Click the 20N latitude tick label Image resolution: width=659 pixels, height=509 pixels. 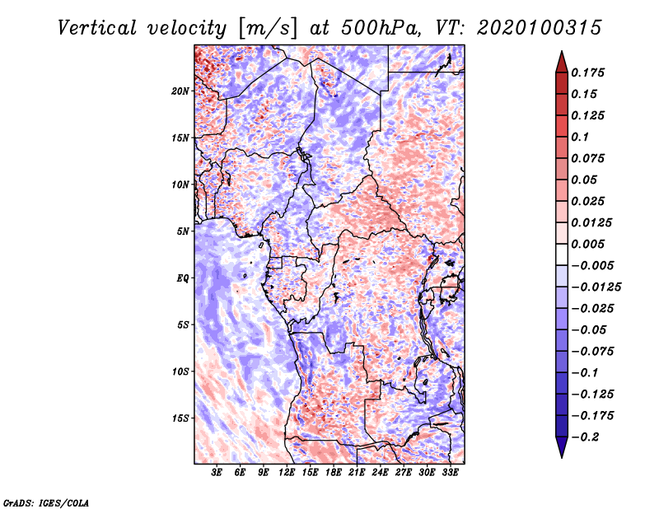(x=180, y=91)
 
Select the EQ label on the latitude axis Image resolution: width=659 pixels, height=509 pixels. (x=183, y=278)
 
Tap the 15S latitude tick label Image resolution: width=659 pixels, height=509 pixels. (x=180, y=418)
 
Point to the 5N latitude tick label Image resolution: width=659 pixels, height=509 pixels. (x=183, y=231)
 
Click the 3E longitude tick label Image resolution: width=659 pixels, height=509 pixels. (x=217, y=473)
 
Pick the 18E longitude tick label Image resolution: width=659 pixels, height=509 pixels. (x=334, y=473)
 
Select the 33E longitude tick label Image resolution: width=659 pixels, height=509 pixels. (x=450, y=473)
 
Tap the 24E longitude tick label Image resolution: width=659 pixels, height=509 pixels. (x=380, y=473)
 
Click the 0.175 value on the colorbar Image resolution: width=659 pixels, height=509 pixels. (x=587, y=72)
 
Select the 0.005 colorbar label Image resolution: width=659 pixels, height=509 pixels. (x=587, y=244)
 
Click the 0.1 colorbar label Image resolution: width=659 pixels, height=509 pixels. (x=580, y=137)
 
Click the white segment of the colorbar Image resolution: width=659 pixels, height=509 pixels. (x=562, y=254)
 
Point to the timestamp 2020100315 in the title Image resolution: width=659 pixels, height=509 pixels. (x=539, y=28)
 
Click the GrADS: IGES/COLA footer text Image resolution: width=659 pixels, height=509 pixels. (x=46, y=502)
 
